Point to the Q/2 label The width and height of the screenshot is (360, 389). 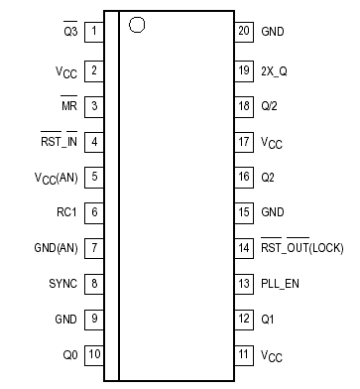pyautogui.click(x=271, y=105)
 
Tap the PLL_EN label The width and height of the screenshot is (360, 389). pyautogui.click(x=280, y=284)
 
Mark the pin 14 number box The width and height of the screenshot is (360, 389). pyautogui.click(x=243, y=248)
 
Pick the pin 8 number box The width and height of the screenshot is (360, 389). pyautogui.click(x=93, y=284)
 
